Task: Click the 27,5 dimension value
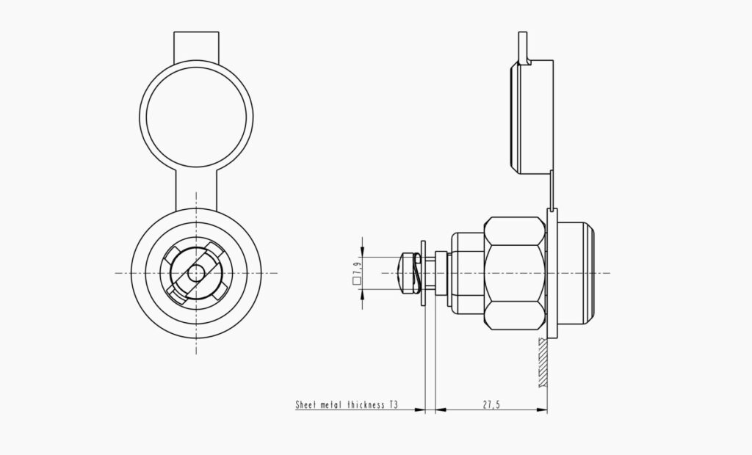(x=491, y=404)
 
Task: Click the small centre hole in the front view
(x=196, y=272)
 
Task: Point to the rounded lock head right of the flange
(x=576, y=272)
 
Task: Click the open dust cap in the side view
(x=530, y=117)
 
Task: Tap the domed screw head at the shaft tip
(x=404, y=272)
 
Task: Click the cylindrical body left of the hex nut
(x=466, y=272)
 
